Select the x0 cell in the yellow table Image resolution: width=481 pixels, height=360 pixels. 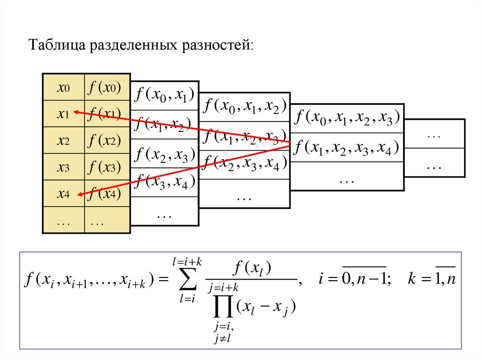[63, 87]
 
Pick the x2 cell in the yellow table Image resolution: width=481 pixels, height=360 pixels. [63, 140]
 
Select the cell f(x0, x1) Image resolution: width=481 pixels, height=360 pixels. [164, 96]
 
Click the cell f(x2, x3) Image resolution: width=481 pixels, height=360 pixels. [164, 154]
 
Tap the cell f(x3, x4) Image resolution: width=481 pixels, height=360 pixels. [164, 182]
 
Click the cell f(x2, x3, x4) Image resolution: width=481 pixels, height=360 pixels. [244, 164]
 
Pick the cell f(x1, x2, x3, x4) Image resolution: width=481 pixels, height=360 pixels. [347, 148]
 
